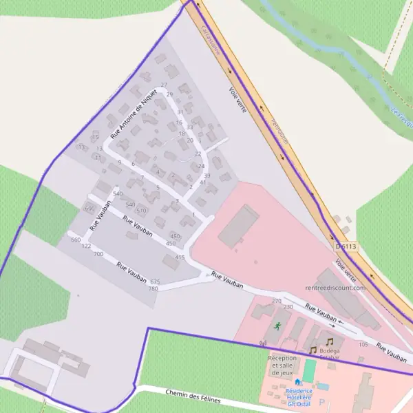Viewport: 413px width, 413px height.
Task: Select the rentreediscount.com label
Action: pos(335,287)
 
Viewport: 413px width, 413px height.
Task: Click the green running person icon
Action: pos(277,325)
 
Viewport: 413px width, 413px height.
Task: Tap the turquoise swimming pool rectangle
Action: pos(309,370)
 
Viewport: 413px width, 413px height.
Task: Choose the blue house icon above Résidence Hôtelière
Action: pos(297,382)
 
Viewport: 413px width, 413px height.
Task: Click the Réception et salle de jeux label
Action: pos(282,366)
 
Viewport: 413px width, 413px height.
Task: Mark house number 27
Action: pos(164,85)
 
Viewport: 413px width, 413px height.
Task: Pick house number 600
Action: pos(89,208)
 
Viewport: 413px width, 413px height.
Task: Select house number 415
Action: pos(180,257)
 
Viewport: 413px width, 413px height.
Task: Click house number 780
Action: pos(153,288)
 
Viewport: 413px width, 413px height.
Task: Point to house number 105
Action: pos(363,343)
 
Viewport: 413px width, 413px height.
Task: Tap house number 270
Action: pos(277,301)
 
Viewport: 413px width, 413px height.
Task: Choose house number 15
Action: pos(95,137)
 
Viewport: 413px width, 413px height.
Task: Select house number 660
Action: pos(76,240)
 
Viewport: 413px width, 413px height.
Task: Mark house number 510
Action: pos(142,210)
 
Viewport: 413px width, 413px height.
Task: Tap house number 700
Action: pos(98,254)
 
